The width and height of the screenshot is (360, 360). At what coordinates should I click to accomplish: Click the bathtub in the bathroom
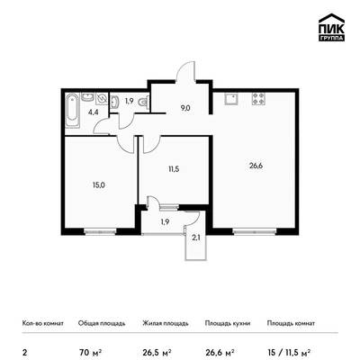click(73, 111)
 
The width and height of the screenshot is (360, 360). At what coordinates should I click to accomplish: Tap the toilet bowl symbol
click(143, 103)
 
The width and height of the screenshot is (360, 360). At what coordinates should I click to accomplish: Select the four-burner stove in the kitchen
click(259, 99)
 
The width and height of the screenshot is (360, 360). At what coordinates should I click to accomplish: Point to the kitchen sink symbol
click(230, 99)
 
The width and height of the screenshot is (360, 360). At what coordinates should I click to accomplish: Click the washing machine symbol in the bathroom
click(102, 99)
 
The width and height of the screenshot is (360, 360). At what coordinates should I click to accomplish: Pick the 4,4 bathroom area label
click(93, 112)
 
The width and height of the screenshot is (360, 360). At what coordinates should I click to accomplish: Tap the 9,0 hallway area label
click(185, 108)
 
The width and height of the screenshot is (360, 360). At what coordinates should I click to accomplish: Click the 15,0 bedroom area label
click(99, 185)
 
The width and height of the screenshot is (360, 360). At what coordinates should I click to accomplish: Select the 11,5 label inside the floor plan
click(174, 169)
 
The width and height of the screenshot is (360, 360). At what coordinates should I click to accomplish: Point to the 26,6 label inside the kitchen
click(256, 166)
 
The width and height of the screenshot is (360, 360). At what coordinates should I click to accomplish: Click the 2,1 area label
click(195, 238)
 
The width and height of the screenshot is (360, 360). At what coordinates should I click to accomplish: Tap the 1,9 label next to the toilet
click(129, 101)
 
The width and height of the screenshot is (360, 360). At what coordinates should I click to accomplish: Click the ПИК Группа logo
click(331, 27)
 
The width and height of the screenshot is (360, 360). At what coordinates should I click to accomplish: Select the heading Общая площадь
click(102, 323)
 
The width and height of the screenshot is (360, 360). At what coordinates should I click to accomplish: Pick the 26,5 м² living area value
click(157, 351)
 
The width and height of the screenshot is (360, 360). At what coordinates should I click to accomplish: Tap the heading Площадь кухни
click(228, 323)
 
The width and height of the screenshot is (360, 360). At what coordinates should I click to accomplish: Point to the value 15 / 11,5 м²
click(289, 351)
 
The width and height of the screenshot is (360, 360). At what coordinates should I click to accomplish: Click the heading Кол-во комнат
click(43, 323)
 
